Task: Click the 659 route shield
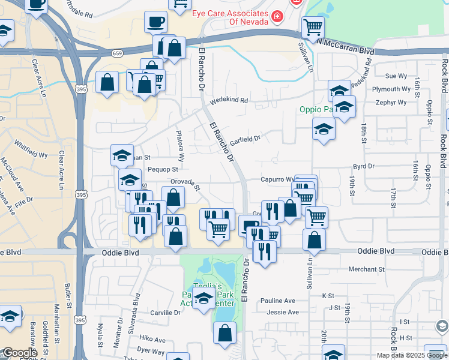(118, 53)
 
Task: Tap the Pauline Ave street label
(278, 301)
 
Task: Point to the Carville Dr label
(165, 313)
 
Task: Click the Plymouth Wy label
(391, 89)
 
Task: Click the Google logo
(20, 353)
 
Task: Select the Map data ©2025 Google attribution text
(411, 355)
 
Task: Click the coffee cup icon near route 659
(155, 23)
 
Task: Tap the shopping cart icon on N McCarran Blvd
(313, 26)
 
